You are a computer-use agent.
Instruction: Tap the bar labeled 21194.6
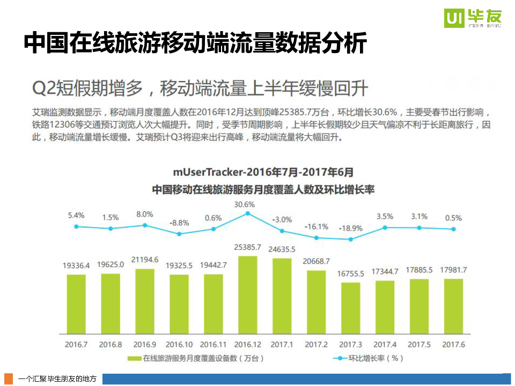pos(145,300)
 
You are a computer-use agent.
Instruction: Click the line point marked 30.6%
pos(247,213)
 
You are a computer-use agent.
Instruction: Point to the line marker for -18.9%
pos(350,239)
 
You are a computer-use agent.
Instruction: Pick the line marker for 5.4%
pos(76,227)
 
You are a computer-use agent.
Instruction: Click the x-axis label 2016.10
pos(179,344)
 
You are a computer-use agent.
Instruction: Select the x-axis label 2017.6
pos(453,344)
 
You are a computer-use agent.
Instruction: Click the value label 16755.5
pos(350,273)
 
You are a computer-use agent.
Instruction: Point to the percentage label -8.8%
pos(179,222)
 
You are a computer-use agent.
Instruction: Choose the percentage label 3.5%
pos(385,216)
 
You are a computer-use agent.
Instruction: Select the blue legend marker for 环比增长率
pos(338,358)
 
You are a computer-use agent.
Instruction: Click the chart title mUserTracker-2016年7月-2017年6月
pos(263,172)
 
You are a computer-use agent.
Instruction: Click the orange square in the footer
pos(9,378)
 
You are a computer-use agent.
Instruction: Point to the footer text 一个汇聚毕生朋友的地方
pos(57,379)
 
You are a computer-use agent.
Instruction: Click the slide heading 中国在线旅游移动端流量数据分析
pos(195,43)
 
